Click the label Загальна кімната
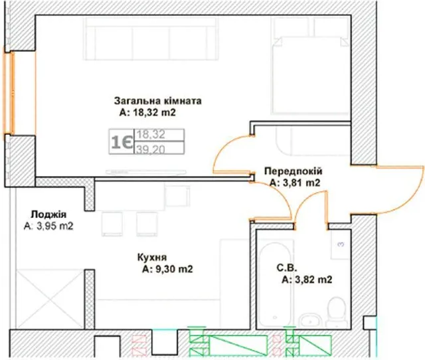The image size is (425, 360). coord(158,101)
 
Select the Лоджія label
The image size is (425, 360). coord(48,214)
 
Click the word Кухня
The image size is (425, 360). coord(152,257)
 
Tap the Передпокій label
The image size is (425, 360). coord(294,171)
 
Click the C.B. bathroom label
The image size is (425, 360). coord(287,268)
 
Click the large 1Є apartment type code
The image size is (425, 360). coord(122,141)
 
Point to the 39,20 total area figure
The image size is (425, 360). coord(151,149)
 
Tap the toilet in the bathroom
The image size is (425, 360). coord(337,312)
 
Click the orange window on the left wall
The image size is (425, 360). coord(9,93)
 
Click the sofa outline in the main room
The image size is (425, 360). coord(151,39)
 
